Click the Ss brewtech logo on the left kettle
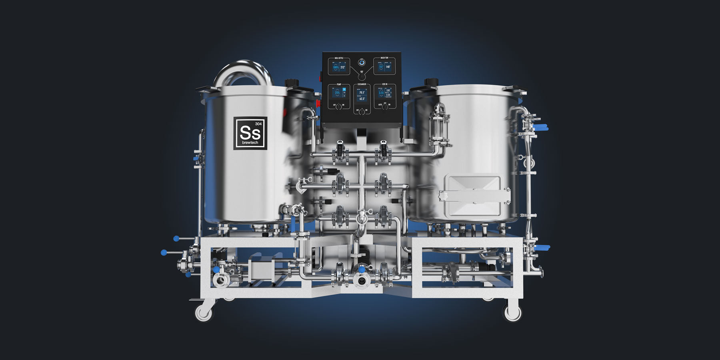pyautogui.click(x=250, y=133)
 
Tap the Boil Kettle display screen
pyautogui.click(x=339, y=67)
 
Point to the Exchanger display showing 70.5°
pyautogui.click(x=362, y=95)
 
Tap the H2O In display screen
pyautogui.click(x=384, y=93)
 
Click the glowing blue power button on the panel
pyautogui.click(x=362, y=62)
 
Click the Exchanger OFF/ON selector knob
pyautogui.click(x=362, y=112)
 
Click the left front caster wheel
pyautogui.click(x=204, y=312)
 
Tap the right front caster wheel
pyautogui.click(x=512, y=312)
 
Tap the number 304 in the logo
pyautogui.click(x=258, y=124)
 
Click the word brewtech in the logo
pyautogui.click(x=250, y=142)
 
